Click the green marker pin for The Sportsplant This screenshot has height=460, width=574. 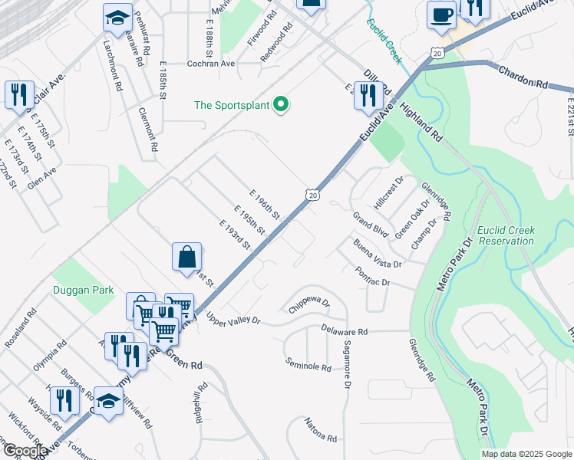point(281,105)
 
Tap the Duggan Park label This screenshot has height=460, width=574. point(83,290)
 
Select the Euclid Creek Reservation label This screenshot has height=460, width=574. point(505,235)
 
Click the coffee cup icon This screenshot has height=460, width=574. point(441,15)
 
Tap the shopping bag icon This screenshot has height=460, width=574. point(187,258)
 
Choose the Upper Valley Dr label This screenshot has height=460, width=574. point(233,318)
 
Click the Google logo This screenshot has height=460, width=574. point(25,451)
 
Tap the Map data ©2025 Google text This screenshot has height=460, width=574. point(526,454)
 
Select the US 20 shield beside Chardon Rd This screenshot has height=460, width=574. point(437,52)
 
